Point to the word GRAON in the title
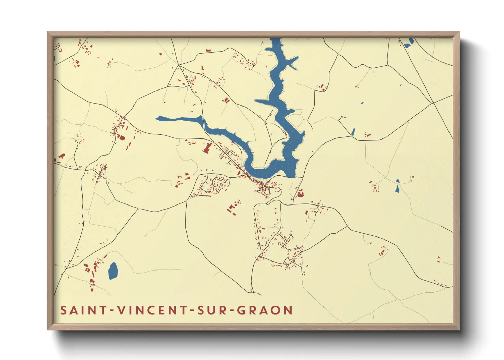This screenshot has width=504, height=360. tap(264, 310)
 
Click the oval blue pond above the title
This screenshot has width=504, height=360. tap(113, 271)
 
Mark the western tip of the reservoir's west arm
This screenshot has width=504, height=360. tap(157, 118)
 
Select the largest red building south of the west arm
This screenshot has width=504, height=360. tap(207, 148)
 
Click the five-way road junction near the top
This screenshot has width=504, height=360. tap(178, 65)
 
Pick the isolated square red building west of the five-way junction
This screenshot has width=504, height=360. tap(161, 54)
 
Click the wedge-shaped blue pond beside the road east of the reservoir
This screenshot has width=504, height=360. tap(353, 132)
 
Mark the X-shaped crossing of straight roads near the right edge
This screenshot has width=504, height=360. tap(433, 103)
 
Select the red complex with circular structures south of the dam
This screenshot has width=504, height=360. tap(300, 194)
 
